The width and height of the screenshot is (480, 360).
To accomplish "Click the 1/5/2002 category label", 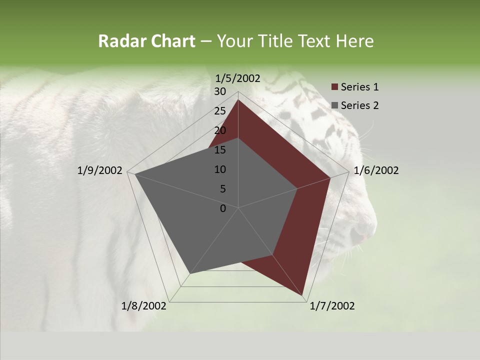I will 238,78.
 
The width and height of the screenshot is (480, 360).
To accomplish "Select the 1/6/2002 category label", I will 376,170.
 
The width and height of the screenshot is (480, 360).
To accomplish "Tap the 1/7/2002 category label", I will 332,306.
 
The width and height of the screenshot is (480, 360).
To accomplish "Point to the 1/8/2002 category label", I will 144,306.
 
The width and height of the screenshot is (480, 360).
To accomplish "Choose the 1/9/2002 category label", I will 100,170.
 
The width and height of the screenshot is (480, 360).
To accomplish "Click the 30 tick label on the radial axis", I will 220,91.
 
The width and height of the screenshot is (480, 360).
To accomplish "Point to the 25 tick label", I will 220,111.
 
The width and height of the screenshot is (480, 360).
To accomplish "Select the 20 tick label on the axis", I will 220,130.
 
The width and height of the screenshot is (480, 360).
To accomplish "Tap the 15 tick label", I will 220,150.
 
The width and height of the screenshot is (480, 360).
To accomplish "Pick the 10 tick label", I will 220,169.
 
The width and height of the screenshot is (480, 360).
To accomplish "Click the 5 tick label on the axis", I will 222,189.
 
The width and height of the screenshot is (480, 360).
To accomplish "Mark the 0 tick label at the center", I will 223,208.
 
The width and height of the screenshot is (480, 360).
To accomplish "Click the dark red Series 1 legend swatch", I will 334,87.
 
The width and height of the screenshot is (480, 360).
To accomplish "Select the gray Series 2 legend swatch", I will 334,105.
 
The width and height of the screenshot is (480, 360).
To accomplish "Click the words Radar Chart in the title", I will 146,41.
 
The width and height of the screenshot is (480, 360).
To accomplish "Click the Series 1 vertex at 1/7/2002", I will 303,296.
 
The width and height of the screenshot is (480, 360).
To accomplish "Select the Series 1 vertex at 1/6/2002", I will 330,177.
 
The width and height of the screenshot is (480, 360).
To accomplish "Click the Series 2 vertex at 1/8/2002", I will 190,273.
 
